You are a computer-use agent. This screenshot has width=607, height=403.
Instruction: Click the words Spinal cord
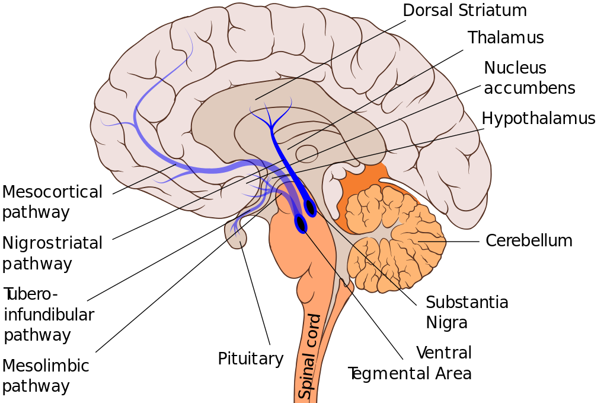click(309, 356)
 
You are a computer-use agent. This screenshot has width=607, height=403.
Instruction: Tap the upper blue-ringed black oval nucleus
click(310, 208)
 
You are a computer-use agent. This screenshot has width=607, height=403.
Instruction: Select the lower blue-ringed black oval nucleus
click(301, 224)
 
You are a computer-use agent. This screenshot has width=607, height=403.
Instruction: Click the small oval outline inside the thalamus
click(306, 154)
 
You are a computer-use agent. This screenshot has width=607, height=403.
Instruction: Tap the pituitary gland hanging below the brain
click(235, 235)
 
